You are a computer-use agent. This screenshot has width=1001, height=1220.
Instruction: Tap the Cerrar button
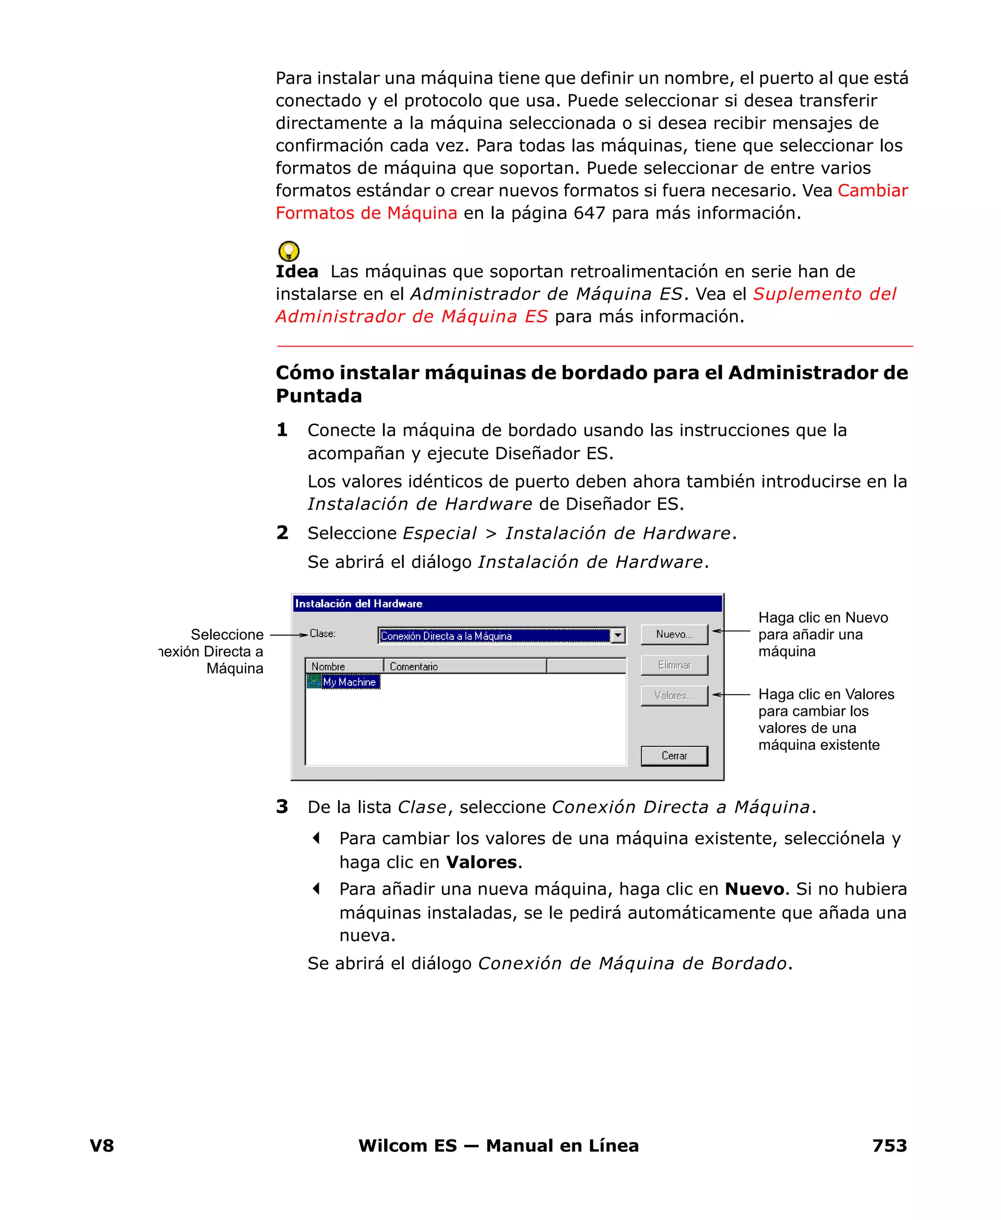(x=674, y=755)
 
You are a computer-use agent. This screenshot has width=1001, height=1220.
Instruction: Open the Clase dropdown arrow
(x=617, y=635)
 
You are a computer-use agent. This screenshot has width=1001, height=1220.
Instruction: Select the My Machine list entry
(x=349, y=682)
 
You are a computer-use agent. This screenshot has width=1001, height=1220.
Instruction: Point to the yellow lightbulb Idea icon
(x=288, y=251)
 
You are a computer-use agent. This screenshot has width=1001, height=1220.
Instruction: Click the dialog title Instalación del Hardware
(x=359, y=603)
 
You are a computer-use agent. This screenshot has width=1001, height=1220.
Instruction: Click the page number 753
(x=889, y=1145)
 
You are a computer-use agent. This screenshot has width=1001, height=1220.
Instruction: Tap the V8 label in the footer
(x=102, y=1145)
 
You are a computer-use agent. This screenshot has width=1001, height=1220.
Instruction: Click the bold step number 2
(x=282, y=533)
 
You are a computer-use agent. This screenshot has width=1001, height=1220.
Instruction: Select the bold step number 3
(x=282, y=806)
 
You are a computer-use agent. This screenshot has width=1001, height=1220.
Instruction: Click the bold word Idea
(x=296, y=272)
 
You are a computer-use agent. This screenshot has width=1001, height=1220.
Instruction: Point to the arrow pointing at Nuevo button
(x=731, y=631)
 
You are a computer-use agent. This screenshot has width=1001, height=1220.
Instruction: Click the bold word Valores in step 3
(x=481, y=862)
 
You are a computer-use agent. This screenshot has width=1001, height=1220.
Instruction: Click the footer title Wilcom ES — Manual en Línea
(x=498, y=1145)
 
